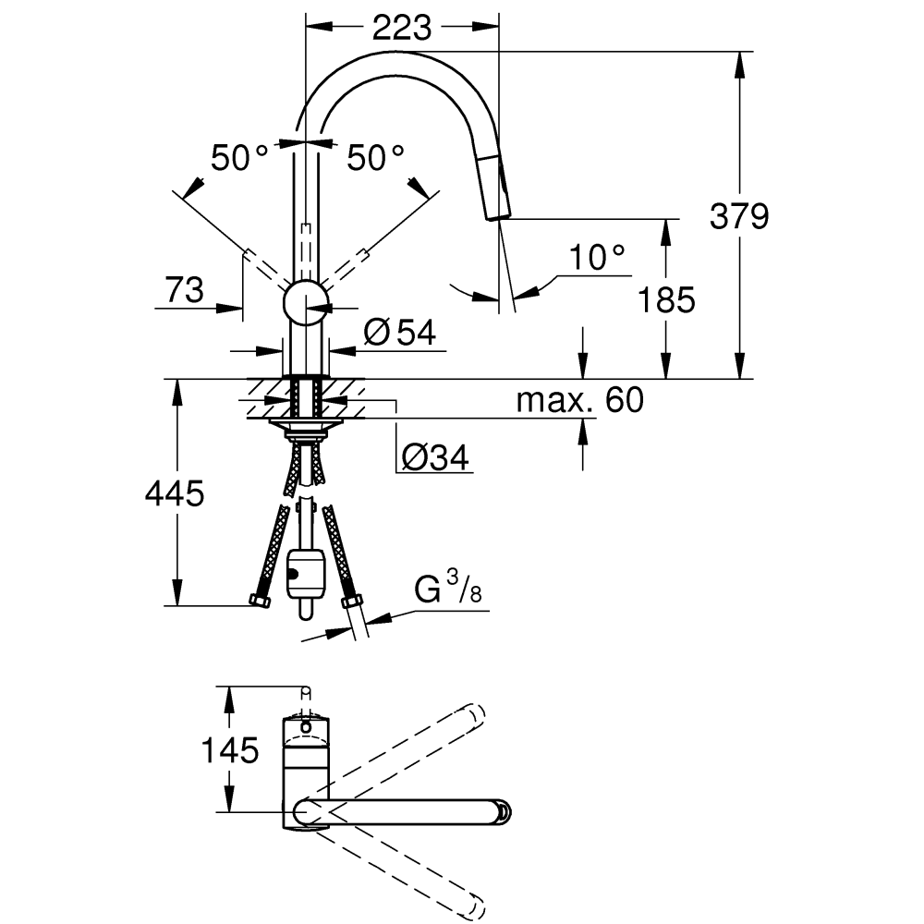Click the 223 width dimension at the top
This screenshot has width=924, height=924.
(401, 28)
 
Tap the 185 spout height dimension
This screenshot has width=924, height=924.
(666, 299)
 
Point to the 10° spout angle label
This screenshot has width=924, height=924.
(597, 257)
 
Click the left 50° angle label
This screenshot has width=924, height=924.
(239, 157)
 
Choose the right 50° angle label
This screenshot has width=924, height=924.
(375, 157)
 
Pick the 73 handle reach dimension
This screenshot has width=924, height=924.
(185, 290)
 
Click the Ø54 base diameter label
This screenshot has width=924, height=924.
(399, 333)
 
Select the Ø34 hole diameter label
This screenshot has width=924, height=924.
(435, 457)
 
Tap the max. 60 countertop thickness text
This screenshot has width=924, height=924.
(580, 399)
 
